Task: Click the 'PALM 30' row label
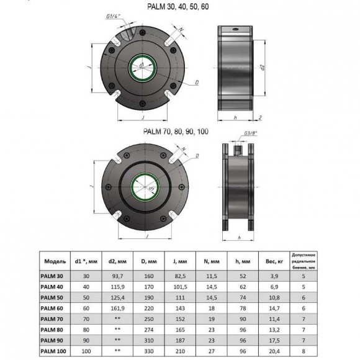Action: tap(52, 275)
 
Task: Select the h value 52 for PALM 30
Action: tap(242, 275)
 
